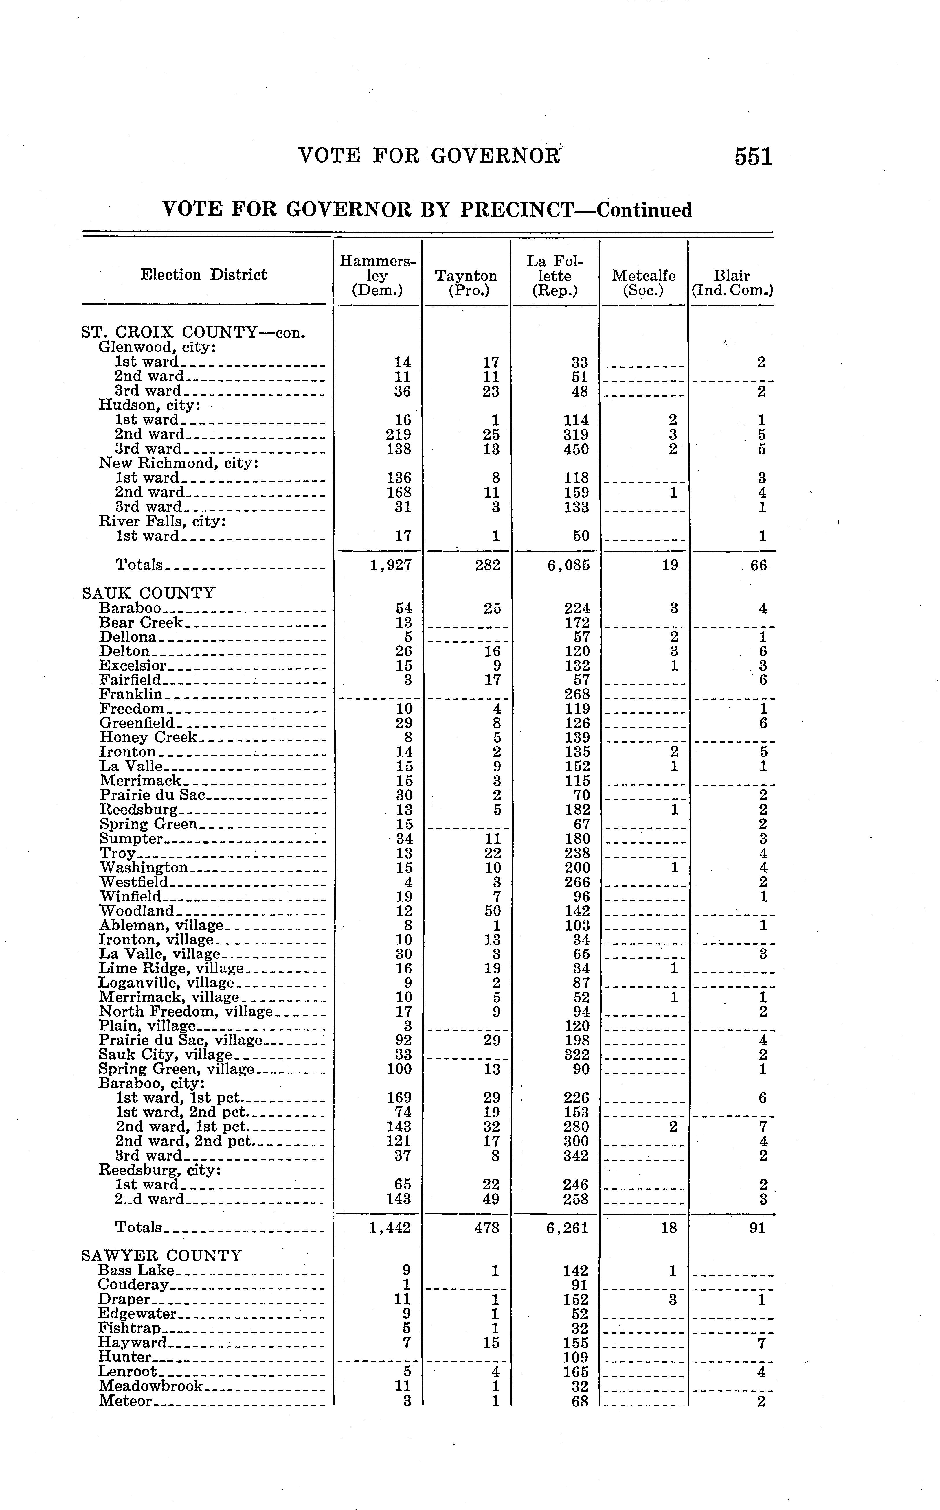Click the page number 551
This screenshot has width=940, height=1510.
click(753, 156)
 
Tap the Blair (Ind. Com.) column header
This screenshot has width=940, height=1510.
click(732, 283)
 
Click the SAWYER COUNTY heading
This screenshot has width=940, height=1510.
click(162, 1255)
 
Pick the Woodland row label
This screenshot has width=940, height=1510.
click(137, 911)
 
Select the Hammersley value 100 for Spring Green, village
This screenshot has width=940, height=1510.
click(399, 1069)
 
